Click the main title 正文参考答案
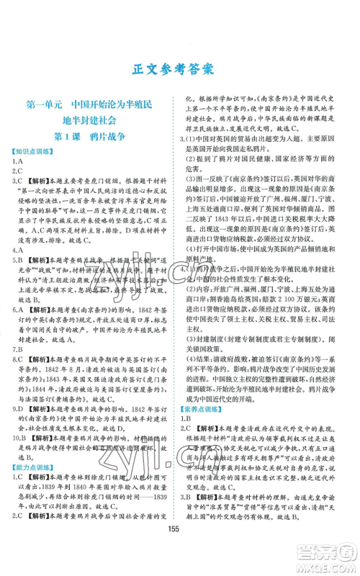(179, 70)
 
